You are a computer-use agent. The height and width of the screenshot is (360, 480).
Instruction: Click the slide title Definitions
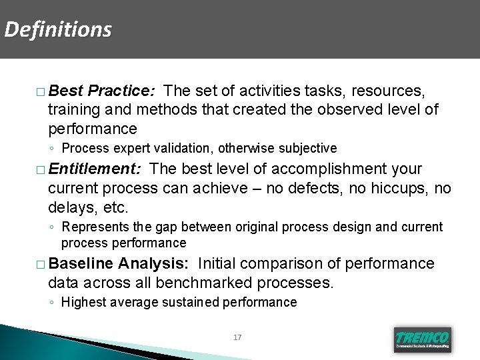click(x=57, y=29)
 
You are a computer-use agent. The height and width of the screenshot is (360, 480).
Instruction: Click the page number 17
click(x=238, y=337)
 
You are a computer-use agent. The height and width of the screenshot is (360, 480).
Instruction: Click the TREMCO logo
click(x=423, y=339)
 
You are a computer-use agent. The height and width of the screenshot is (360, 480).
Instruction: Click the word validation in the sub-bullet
click(x=193, y=148)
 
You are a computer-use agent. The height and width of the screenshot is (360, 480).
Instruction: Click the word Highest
click(x=81, y=303)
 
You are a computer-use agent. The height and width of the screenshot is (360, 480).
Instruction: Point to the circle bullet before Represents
click(x=52, y=228)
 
